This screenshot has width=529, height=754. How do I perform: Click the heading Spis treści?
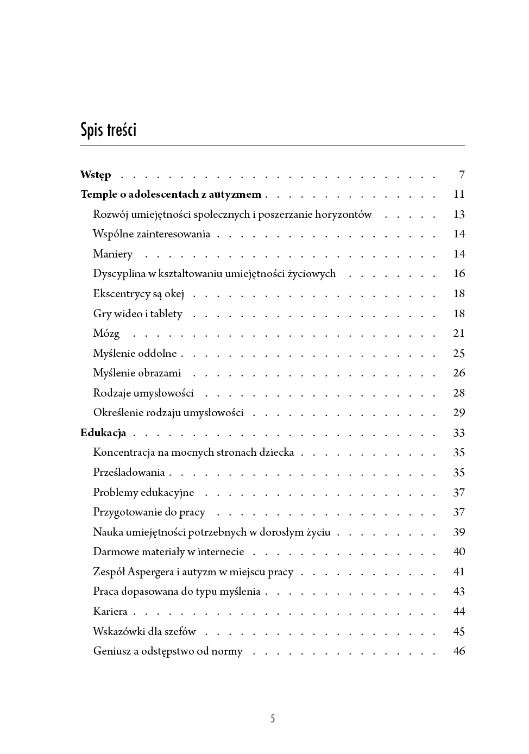tap(108, 130)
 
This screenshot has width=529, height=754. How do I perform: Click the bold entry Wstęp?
tap(96, 175)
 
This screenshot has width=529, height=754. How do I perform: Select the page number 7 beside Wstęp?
tap(462, 175)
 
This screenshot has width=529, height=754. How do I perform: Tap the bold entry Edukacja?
tap(103, 433)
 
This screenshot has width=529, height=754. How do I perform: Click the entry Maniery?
tap(112, 254)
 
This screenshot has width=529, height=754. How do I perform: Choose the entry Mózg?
tap(106, 334)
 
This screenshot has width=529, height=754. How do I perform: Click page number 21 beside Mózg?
tap(459, 334)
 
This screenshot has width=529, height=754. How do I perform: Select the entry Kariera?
tap(110, 612)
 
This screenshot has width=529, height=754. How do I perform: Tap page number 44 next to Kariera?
tap(459, 612)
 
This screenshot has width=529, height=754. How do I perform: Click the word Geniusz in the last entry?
tap(112, 651)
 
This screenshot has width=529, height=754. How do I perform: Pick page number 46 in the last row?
tap(459, 651)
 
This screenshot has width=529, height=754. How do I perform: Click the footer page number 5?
tap(273, 719)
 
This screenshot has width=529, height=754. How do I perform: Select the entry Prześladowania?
tap(129, 473)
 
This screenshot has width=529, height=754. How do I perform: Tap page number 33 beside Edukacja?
tap(459, 433)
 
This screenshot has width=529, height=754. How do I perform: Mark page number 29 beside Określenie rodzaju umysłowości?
tap(459, 413)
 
